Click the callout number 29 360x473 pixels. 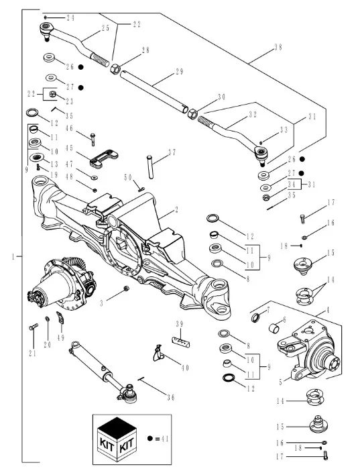pyautogui.click(x=180, y=72)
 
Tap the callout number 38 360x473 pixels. pyautogui.click(x=278, y=48)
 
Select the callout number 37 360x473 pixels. pyautogui.click(x=172, y=152)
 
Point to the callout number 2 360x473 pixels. pyautogui.click(x=176, y=209)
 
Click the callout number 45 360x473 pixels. pyautogui.click(x=69, y=148)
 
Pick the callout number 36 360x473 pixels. pyautogui.click(x=171, y=397)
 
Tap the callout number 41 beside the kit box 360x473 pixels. pyautogui.click(x=165, y=438)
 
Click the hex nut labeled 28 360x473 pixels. pyautogui.click(x=115, y=70)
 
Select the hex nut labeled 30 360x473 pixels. pyautogui.click(x=192, y=114)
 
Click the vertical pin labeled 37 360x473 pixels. pyautogui.click(x=150, y=166)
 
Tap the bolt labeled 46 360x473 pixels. pyautogui.click(x=93, y=140)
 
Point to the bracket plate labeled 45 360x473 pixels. pyautogui.click(x=104, y=158)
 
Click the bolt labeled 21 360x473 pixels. pyautogui.click(x=34, y=327)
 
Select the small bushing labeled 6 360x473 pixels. pyautogui.click(x=274, y=329)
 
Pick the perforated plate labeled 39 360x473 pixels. pyautogui.click(x=181, y=342)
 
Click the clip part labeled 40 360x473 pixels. pyautogui.click(x=158, y=353)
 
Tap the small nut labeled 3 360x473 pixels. pyautogui.click(x=127, y=288)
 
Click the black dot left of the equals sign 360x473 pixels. pyautogui.click(x=150, y=438)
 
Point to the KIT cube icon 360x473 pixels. pyautogui.click(x=117, y=439)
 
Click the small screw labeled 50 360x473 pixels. pyautogui.click(x=141, y=189)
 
